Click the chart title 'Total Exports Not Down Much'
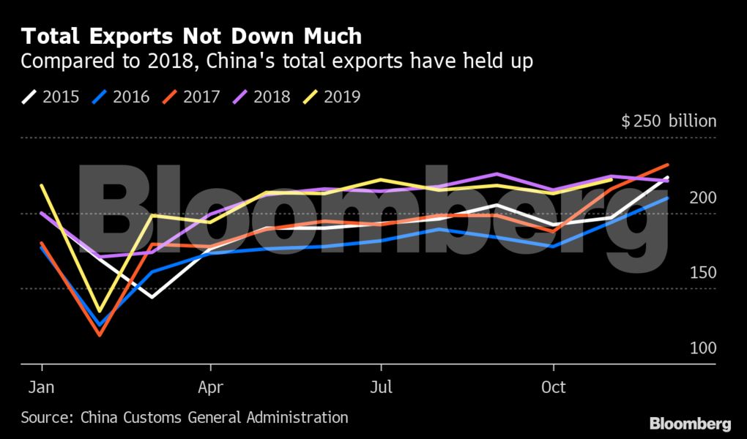tap(191, 36)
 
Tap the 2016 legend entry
tap(122, 97)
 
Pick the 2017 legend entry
tap(193, 97)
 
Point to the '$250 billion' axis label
tap(669, 121)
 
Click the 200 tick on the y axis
tap(702, 198)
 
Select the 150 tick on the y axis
tap(702, 273)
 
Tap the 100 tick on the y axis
tap(702, 348)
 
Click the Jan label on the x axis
tap(42, 388)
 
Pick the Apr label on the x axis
tap(211, 388)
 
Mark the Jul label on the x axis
tap(381, 388)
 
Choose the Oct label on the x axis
tap(553, 388)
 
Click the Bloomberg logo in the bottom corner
tap(690, 424)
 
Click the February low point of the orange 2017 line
tap(99, 335)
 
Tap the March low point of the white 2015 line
tap(152, 297)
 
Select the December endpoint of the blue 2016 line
tap(667, 198)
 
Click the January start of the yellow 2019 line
tap(42, 186)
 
